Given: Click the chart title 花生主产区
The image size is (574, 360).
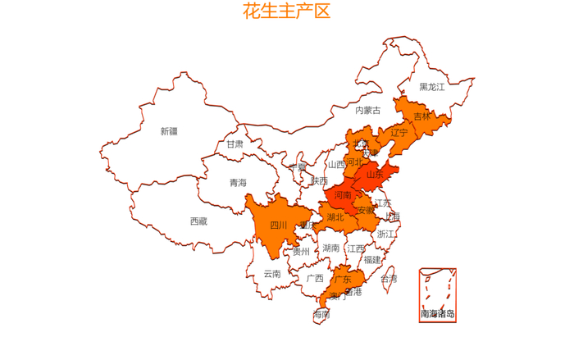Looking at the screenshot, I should [x=286, y=11].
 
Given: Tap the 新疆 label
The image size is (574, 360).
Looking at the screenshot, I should [x=169, y=131].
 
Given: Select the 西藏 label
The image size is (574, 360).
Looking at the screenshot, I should [x=198, y=221].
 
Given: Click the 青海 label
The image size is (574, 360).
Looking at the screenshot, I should [x=238, y=183].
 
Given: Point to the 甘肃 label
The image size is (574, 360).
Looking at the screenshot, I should [x=235, y=144].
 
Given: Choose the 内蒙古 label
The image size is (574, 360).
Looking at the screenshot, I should [x=367, y=110].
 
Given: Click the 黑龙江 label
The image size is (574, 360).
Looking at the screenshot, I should [x=432, y=87].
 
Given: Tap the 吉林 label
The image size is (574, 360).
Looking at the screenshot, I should [x=421, y=116].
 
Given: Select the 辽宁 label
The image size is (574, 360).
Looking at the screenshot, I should [x=399, y=133].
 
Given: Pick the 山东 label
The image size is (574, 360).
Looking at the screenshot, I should [x=375, y=174].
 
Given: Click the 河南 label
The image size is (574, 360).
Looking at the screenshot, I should [x=343, y=195].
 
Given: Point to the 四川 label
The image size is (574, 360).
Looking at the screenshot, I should [x=279, y=225].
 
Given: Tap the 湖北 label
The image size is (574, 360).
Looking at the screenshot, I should [x=335, y=217].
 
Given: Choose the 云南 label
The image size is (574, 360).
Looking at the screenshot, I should [x=272, y=274].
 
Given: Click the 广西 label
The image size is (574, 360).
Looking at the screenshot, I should [x=315, y=278].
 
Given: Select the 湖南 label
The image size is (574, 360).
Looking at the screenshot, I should [x=331, y=248].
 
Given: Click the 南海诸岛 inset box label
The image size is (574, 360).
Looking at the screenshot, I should [x=437, y=313].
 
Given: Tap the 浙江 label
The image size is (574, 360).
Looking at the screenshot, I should [x=385, y=235].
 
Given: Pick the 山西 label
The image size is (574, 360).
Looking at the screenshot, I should [x=336, y=164].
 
